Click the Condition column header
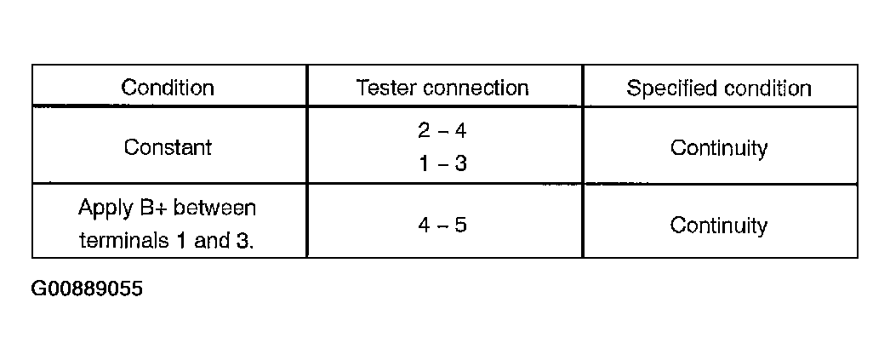click(168, 88)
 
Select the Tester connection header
click(442, 88)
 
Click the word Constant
click(168, 147)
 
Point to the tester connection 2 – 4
click(442, 131)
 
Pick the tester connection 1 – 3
click(442, 163)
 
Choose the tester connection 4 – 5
click(442, 226)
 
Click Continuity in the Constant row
click(719, 149)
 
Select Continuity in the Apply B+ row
click(719, 226)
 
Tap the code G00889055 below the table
click(87, 289)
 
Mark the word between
click(214, 208)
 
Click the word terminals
click(124, 241)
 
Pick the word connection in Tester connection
click(476, 89)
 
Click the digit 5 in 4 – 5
click(460, 226)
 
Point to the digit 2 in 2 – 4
click(425, 131)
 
